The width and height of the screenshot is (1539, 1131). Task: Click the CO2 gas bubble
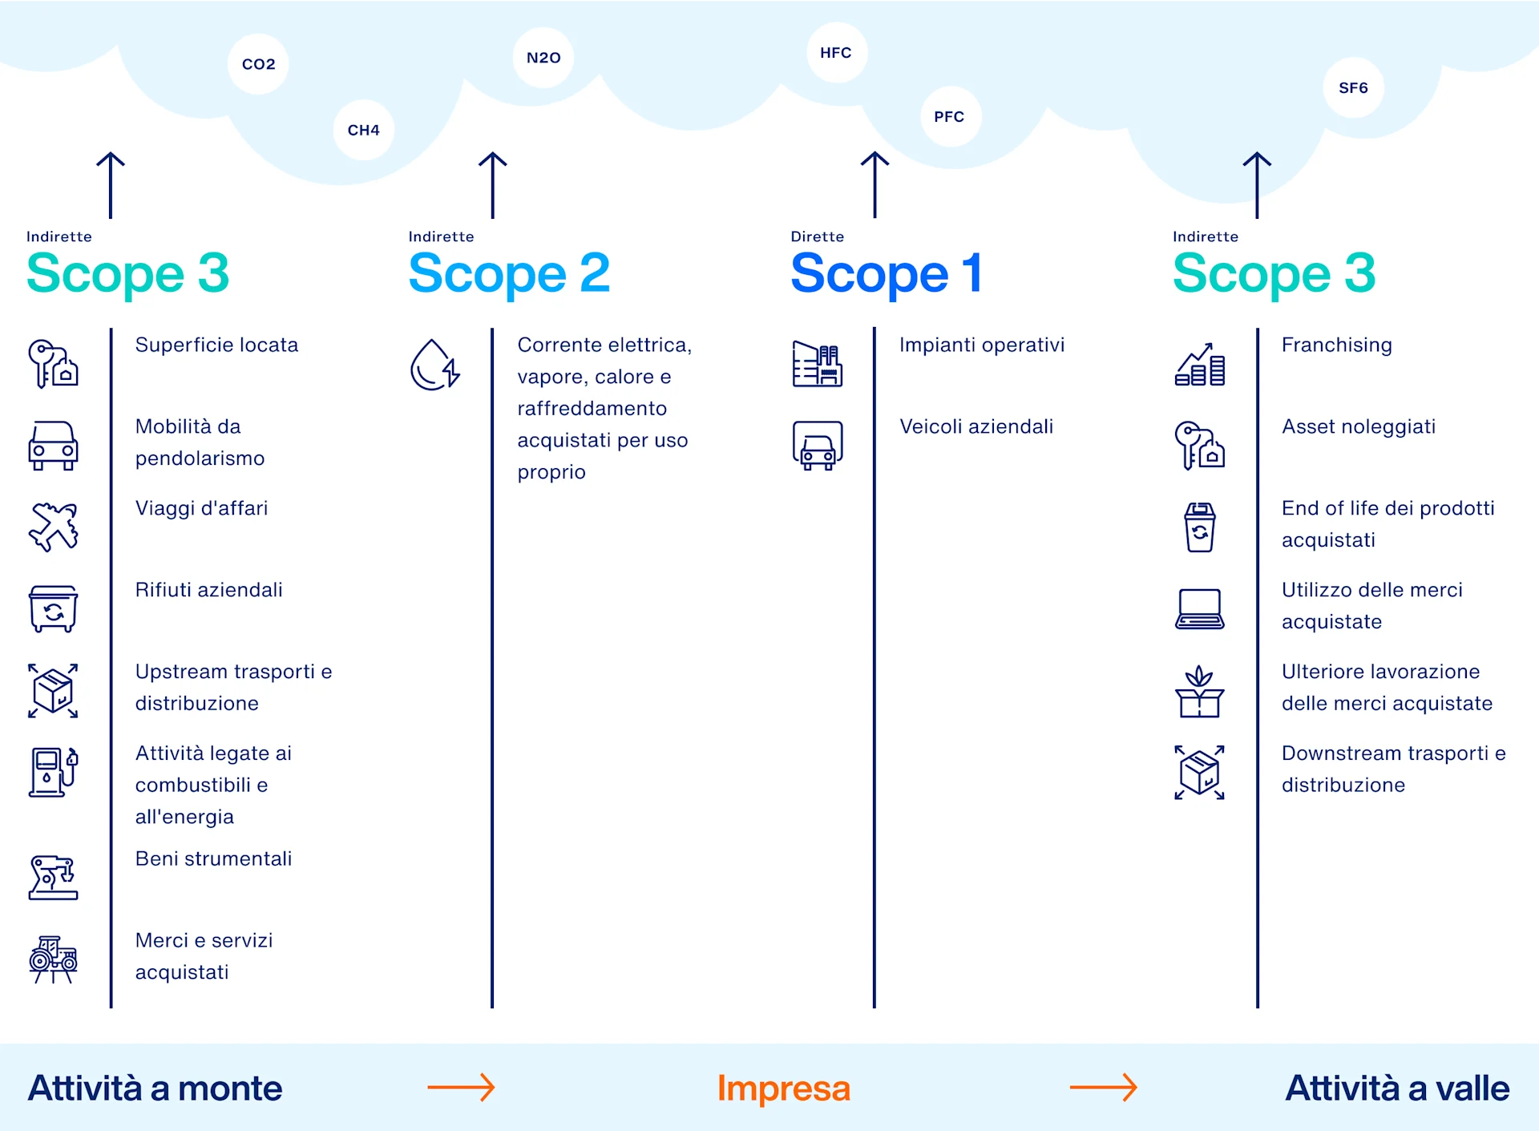click(258, 64)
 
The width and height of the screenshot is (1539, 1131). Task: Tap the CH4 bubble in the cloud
click(363, 130)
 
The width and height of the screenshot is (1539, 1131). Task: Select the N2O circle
click(543, 58)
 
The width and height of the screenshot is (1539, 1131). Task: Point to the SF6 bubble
click(1353, 87)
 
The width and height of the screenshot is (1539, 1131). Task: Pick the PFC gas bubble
click(949, 116)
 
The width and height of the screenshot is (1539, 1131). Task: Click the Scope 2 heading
click(509, 273)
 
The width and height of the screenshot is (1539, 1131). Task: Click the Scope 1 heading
click(886, 273)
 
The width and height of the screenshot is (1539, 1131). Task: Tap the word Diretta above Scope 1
click(817, 236)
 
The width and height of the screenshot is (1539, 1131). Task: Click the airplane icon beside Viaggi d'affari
click(53, 527)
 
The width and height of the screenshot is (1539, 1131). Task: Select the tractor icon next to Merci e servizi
click(53, 959)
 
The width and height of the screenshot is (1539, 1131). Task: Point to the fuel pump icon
click(53, 772)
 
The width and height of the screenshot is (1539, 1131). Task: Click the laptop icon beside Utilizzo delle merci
click(1199, 609)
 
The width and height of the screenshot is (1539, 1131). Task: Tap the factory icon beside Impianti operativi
click(817, 365)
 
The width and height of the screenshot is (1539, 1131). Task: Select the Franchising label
click(1336, 345)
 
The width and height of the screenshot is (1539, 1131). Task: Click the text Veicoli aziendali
click(976, 426)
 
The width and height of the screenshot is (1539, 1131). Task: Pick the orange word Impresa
click(783, 1089)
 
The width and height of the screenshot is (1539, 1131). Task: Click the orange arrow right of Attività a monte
click(461, 1088)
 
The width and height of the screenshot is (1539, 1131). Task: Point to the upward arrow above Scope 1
click(875, 184)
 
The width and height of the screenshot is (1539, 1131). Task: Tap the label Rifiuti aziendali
click(208, 590)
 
